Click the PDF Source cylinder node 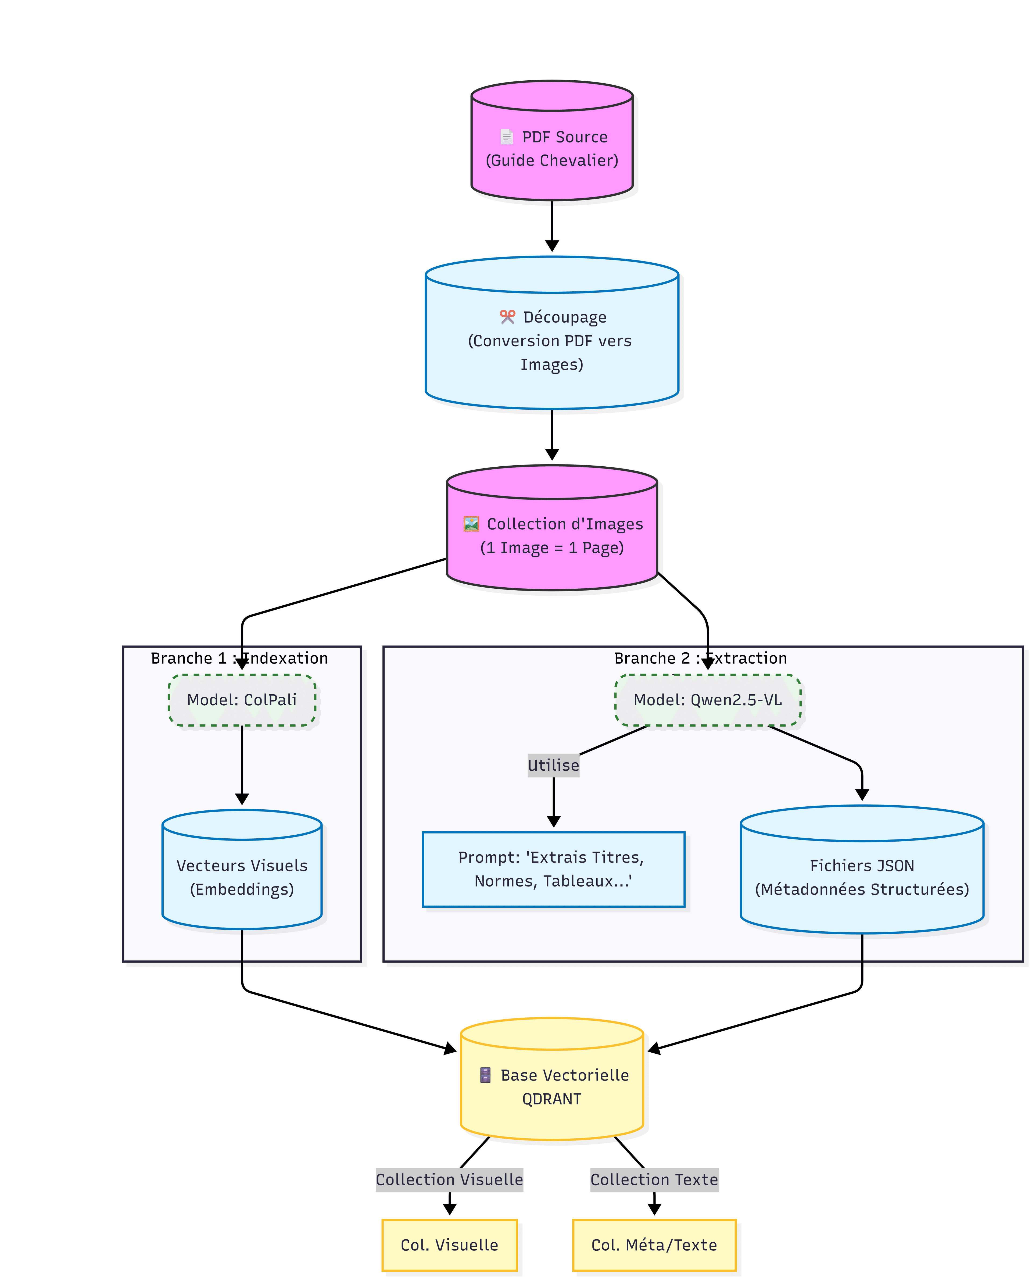pyautogui.click(x=552, y=149)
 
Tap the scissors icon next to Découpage pyautogui.click(x=507, y=317)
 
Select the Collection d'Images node pyautogui.click(x=552, y=535)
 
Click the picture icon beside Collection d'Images pyautogui.click(x=471, y=524)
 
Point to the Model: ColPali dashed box pyautogui.click(x=242, y=700)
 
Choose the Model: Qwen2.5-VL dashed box pyautogui.click(x=707, y=700)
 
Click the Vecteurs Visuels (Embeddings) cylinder pyautogui.click(x=242, y=877)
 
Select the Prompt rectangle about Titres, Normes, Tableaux pyautogui.click(x=553, y=869)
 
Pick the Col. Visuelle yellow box pyautogui.click(x=449, y=1245)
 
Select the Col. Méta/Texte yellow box pyautogui.click(x=654, y=1245)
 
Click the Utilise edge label pyautogui.click(x=553, y=765)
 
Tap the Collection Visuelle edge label pyautogui.click(x=449, y=1179)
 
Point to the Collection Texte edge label pyautogui.click(x=654, y=1179)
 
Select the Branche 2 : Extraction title pyautogui.click(x=700, y=658)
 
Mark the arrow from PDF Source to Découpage pyautogui.click(x=552, y=226)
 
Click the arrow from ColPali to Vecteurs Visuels pyautogui.click(x=242, y=764)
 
